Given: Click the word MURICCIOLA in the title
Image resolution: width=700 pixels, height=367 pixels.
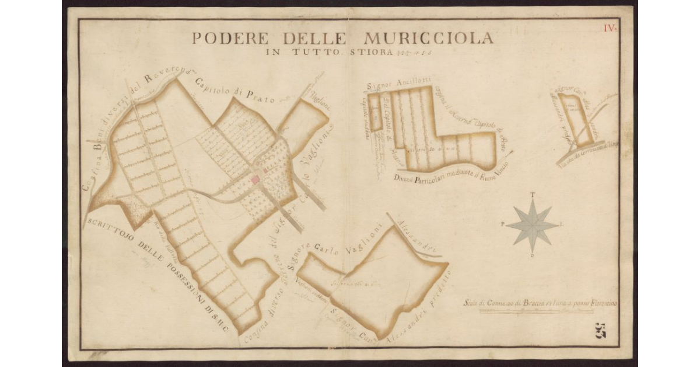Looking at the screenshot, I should point(428,39).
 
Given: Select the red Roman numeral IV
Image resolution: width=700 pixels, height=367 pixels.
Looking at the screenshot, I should point(610,27).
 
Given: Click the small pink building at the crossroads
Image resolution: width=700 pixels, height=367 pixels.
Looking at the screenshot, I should point(255,181).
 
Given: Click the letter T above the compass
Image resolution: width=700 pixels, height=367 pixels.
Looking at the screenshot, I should point(532,195).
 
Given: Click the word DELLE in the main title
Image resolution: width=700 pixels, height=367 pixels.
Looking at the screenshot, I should point(317,39).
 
